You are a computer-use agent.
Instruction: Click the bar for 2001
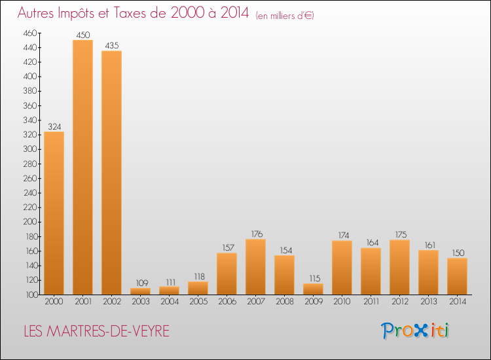tap(82, 167)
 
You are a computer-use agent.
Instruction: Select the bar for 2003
tap(140, 291)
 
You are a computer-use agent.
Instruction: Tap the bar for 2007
tap(255, 266)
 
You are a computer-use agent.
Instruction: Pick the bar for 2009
tap(313, 289)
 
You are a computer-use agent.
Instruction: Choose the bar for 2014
tap(457, 276)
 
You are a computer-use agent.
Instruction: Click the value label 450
tap(82, 35)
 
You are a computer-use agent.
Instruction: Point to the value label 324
tap(54, 126)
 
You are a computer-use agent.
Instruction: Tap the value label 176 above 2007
tap(255, 234)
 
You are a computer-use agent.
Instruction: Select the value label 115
tap(313, 278)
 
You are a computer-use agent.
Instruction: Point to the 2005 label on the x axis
tap(198, 302)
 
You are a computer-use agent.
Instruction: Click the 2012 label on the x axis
tap(399, 302)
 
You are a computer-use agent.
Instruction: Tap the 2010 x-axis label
tap(342, 302)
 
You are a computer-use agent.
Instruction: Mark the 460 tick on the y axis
tap(30, 33)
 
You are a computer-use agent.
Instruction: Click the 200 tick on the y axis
tap(30, 222)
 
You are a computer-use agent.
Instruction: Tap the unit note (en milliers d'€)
tap(285, 15)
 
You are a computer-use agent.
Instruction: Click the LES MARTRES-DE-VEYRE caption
tap(96, 332)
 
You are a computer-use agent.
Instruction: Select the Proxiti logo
tap(415, 331)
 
